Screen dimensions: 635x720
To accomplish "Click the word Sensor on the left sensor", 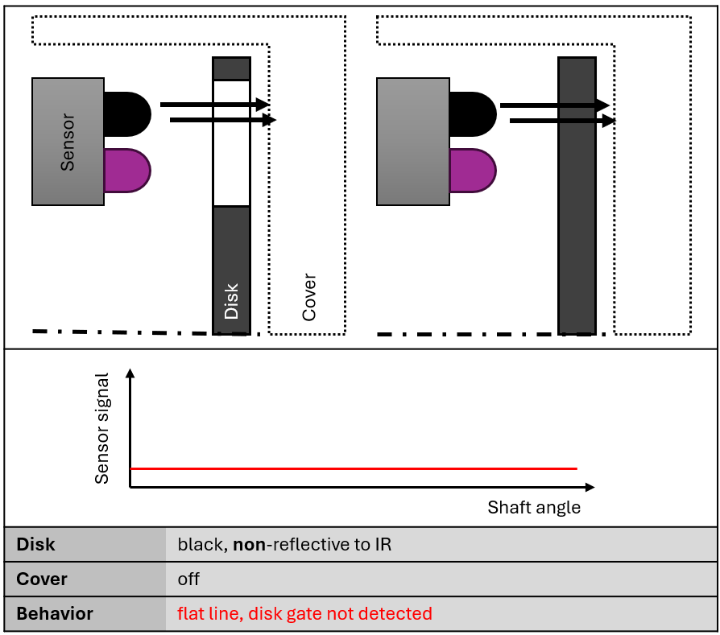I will click(68, 142).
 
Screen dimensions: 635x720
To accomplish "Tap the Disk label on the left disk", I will click(232, 301).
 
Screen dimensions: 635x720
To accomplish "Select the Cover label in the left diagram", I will click(309, 298).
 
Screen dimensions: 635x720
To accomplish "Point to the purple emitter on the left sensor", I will click(127, 171).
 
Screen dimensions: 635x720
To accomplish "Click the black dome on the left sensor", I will click(127, 113).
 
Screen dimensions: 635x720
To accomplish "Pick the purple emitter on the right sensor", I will click(472, 171).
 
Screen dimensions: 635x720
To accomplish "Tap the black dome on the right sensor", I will click(472, 113).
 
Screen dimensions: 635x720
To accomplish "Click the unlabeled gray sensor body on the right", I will click(413, 142).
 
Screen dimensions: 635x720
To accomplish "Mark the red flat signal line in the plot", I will click(354, 468).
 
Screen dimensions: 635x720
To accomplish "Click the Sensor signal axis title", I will click(101, 428).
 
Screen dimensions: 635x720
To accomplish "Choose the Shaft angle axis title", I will click(534, 508).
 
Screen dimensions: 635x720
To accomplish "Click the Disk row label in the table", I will click(35, 545).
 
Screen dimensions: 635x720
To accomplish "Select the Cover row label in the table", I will click(42, 579).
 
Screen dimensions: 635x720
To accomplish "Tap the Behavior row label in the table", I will click(55, 613).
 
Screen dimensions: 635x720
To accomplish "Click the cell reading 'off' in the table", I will click(188, 579).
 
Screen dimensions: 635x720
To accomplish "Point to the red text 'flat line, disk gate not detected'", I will click(304, 613).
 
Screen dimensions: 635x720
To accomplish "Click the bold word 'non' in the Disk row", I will click(248, 545).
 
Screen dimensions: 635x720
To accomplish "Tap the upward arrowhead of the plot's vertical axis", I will click(130, 373).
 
